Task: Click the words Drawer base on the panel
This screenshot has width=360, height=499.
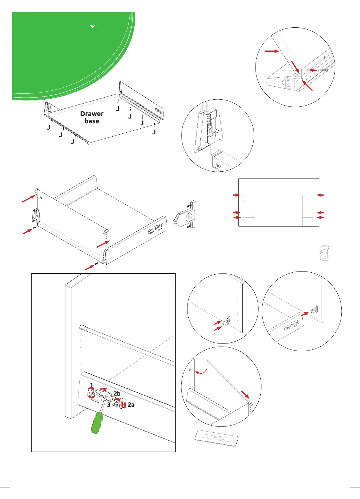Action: click(x=92, y=117)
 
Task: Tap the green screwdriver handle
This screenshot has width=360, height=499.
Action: click(x=97, y=423)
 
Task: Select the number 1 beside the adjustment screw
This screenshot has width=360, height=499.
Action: click(x=91, y=385)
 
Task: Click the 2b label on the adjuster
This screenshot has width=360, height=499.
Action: click(x=117, y=393)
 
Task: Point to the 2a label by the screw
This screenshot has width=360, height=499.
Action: click(x=131, y=405)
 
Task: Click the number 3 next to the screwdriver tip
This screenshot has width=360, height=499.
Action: click(x=109, y=405)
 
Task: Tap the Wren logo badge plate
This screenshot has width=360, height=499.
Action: click(x=217, y=438)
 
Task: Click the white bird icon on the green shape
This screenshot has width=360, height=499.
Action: click(x=93, y=27)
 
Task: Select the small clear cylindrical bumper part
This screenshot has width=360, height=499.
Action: click(x=324, y=253)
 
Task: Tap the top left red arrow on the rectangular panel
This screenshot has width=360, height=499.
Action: click(x=236, y=195)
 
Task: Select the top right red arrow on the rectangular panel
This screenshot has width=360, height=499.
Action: click(x=320, y=195)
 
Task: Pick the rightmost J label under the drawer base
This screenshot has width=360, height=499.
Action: click(x=154, y=132)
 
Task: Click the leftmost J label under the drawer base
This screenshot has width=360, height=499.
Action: click(x=49, y=128)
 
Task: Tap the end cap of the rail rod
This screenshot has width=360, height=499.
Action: click(x=82, y=327)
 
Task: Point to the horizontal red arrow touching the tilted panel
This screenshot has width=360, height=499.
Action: click(x=272, y=51)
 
